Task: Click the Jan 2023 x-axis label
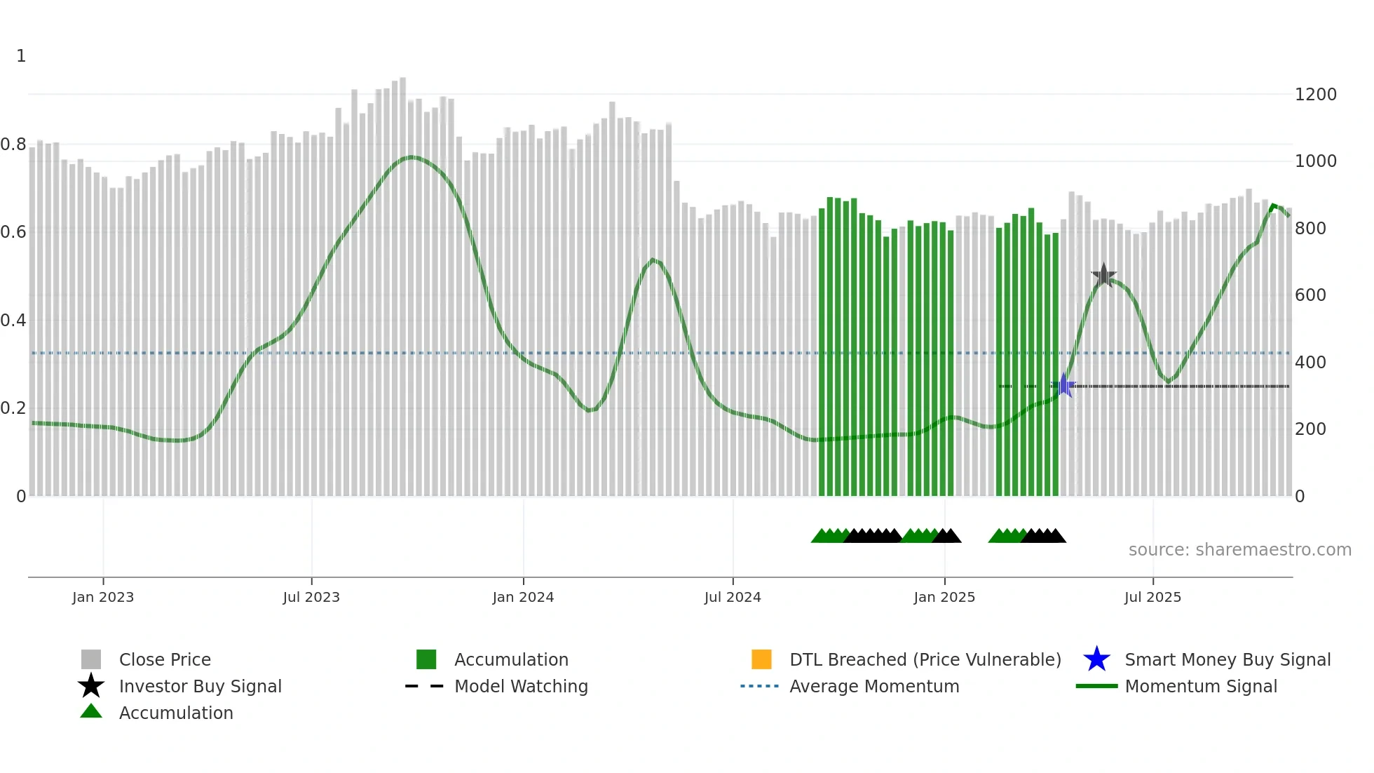click(x=103, y=597)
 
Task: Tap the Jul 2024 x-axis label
click(x=733, y=597)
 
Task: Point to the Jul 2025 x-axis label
click(x=1152, y=597)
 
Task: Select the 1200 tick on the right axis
click(x=1316, y=95)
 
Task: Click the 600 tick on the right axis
click(x=1310, y=295)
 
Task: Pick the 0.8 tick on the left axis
click(x=13, y=145)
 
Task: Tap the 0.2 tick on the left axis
click(x=13, y=408)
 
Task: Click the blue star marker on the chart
click(x=1063, y=386)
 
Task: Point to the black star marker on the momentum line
click(x=1103, y=276)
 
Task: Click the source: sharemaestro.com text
click(x=1239, y=550)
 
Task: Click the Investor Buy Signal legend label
click(x=200, y=687)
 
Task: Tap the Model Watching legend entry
click(x=520, y=687)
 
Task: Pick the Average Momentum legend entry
click(x=873, y=687)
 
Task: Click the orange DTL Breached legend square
click(x=761, y=659)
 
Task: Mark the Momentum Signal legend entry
click(x=1200, y=687)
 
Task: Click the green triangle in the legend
click(x=91, y=712)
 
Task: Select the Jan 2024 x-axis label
click(x=523, y=597)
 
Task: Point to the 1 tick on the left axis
click(x=21, y=56)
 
